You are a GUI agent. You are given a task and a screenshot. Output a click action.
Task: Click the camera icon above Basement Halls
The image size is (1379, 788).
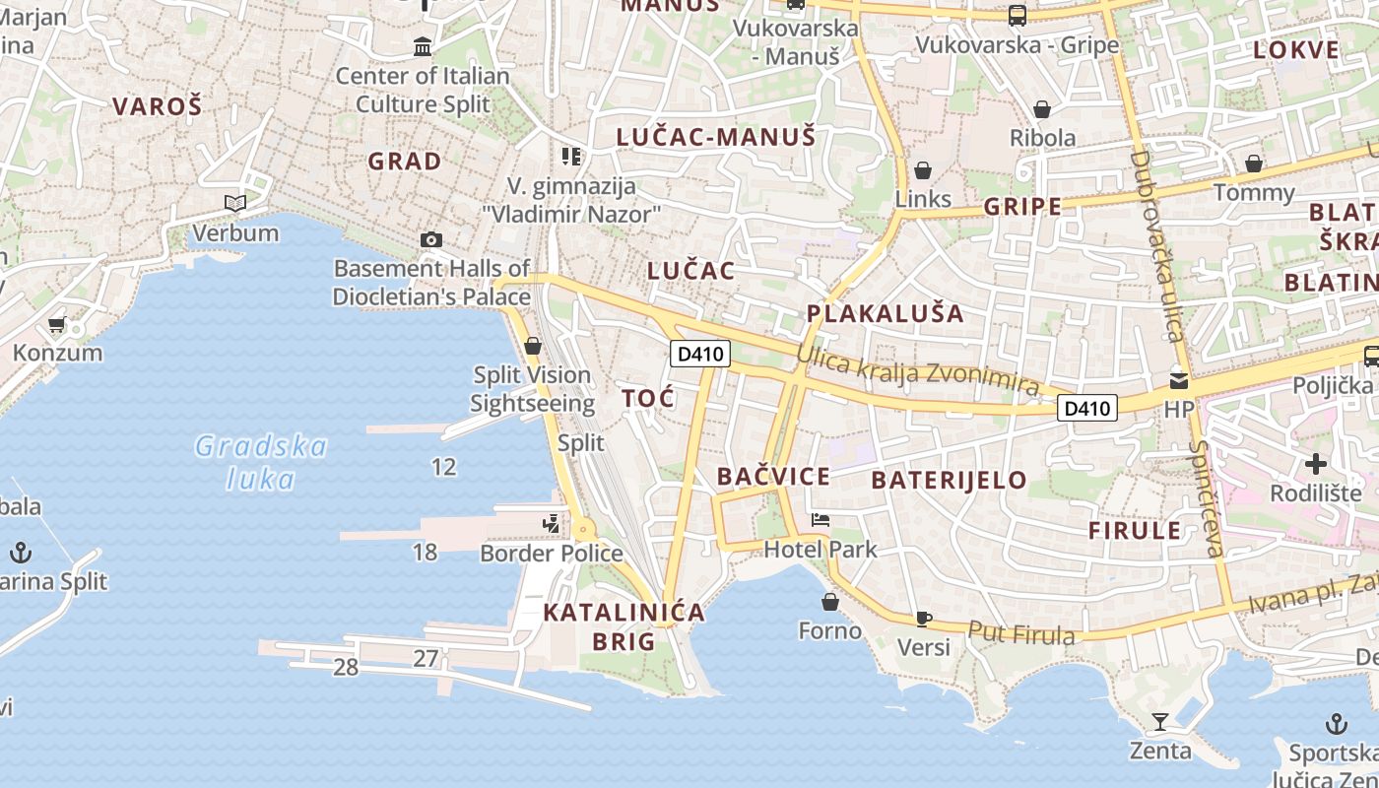point(430,239)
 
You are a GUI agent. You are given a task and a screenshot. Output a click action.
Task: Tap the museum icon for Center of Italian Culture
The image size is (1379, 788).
point(423,46)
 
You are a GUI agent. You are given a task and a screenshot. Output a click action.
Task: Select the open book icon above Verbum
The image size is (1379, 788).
point(234,204)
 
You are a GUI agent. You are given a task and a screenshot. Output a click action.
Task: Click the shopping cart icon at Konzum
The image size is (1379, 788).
point(56,324)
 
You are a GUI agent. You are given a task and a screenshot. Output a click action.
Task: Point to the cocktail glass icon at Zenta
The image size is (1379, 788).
point(1160,722)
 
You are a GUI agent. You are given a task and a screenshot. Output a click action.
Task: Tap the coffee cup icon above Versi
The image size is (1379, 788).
point(923,619)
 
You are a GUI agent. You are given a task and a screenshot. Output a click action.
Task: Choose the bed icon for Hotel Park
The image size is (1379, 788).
point(820,520)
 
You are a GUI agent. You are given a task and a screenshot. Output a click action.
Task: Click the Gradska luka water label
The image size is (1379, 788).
point(261,462)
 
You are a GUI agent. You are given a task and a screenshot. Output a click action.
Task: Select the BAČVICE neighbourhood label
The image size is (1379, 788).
point(773,477)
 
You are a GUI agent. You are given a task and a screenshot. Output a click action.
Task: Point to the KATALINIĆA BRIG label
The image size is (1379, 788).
point(624,626)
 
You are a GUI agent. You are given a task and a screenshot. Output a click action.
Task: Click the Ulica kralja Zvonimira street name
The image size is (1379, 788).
point(917,370)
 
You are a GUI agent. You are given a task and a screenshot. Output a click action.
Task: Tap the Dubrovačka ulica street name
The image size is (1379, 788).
point(1156,245)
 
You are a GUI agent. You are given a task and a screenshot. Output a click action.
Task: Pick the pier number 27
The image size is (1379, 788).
point(426,658)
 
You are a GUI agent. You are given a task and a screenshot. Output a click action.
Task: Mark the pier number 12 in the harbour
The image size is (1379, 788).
point(444,466)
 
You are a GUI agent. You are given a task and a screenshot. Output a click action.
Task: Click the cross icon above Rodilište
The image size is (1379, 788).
point(1316,463)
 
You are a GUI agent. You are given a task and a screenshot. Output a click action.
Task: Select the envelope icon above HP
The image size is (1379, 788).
point(1178,380)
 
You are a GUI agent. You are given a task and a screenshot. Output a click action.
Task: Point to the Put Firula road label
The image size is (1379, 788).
point(1020,633)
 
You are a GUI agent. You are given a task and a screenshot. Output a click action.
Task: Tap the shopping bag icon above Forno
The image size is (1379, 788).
point(829,602)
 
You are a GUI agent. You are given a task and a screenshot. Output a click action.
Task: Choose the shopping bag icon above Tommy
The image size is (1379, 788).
point(1254,164)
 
